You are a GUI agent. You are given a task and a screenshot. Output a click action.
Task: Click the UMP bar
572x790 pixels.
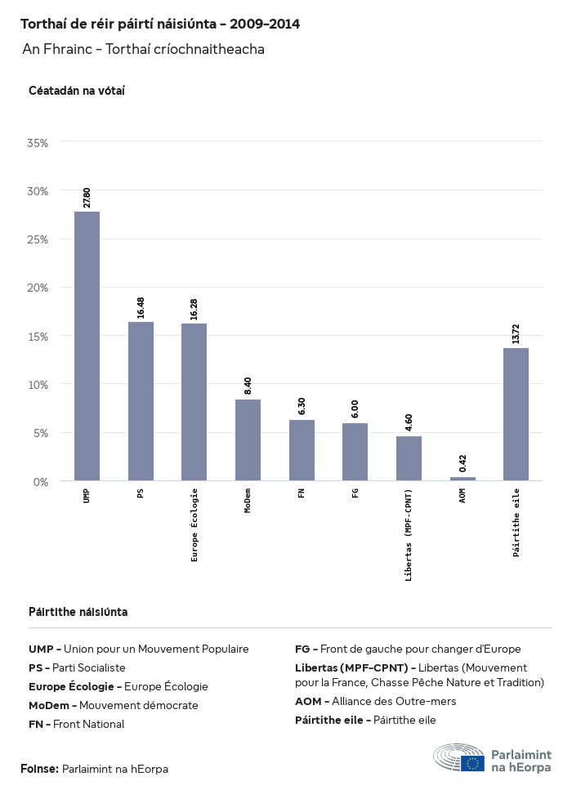(x=87, y=346)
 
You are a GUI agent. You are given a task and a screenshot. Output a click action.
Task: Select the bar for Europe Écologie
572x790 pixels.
(x=194, y=402)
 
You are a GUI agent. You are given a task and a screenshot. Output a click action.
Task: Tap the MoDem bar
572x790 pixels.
(x=248, y=440)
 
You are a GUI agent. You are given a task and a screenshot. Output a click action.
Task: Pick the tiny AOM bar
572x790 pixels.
(x=463, y=479)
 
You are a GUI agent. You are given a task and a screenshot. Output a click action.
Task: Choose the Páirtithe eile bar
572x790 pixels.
(x=516, y=414)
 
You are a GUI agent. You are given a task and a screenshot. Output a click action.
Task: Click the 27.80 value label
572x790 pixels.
(x=87, y=198)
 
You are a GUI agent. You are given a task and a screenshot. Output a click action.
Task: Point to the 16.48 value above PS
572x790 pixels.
(x=141, y=307)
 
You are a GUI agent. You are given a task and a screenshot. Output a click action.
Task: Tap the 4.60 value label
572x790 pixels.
(x=409, y=422)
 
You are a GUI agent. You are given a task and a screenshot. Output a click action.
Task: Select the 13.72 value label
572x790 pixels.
(x=516, y=333)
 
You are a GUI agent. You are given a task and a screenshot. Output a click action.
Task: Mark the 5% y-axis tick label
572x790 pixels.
(x=41, y=433)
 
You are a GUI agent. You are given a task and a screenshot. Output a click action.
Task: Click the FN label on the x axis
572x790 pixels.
(x=302, y=493)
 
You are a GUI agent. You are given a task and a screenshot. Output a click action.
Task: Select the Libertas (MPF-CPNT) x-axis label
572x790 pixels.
(x=409, y=534)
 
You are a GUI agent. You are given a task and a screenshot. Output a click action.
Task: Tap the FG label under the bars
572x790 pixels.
(x=355, y=493)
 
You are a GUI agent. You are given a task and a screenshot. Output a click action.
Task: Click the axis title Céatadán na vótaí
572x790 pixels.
(x=76, y=90)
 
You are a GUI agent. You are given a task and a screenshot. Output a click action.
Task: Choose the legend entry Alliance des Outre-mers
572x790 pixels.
(x=375, y=701)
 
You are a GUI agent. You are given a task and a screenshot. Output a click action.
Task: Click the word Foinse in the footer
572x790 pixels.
(x=39, y=769)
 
